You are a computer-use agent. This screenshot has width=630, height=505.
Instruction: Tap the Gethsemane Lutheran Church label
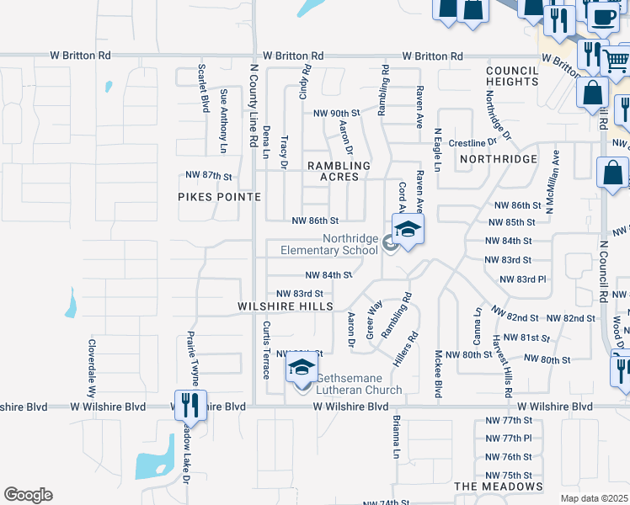click(358, 383)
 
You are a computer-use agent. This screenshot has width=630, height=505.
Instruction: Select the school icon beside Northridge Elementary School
click(407, 230)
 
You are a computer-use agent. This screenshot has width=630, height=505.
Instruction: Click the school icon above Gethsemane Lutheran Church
click(301, 367)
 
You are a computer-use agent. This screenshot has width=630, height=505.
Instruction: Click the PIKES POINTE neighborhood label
click(219, 196)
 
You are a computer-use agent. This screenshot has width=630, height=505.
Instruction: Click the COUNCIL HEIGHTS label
click(512, 76)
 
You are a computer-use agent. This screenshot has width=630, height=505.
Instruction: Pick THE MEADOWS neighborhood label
click(499, 486)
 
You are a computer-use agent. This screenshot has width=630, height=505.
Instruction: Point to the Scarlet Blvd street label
click(203, 88)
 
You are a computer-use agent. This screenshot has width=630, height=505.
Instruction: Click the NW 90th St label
click(336, 113)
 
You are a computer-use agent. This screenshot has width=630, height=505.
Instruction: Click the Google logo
click(28, 495)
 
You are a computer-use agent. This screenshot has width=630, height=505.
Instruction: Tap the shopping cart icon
click(616, 60)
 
